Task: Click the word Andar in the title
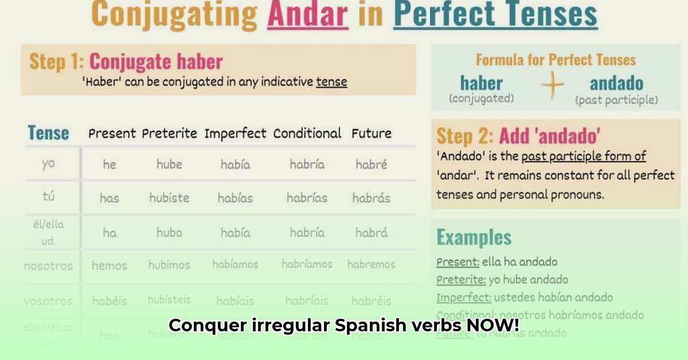click(307, 15)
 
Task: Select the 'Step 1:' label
click(57, 61)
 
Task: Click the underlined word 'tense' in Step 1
click(331, 81)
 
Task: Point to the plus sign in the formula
click(552, 87)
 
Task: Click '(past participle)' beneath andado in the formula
click(616, 100)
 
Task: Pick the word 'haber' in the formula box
click(481, 83)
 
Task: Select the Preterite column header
click(169, 134)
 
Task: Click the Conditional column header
click(307, 134)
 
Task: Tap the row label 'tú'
click(48, 197)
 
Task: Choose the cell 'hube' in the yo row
click(169, 164)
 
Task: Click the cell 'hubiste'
click(169, 198)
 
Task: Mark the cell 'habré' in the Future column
click(371, 164)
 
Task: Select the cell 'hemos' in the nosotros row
click(109, 265)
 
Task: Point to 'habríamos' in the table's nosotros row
click(307, 264)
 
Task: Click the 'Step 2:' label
click(465, 136)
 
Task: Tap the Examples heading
click(474, 237)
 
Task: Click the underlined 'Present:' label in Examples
click(458, 262)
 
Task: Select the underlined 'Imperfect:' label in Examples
click(463, 298)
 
